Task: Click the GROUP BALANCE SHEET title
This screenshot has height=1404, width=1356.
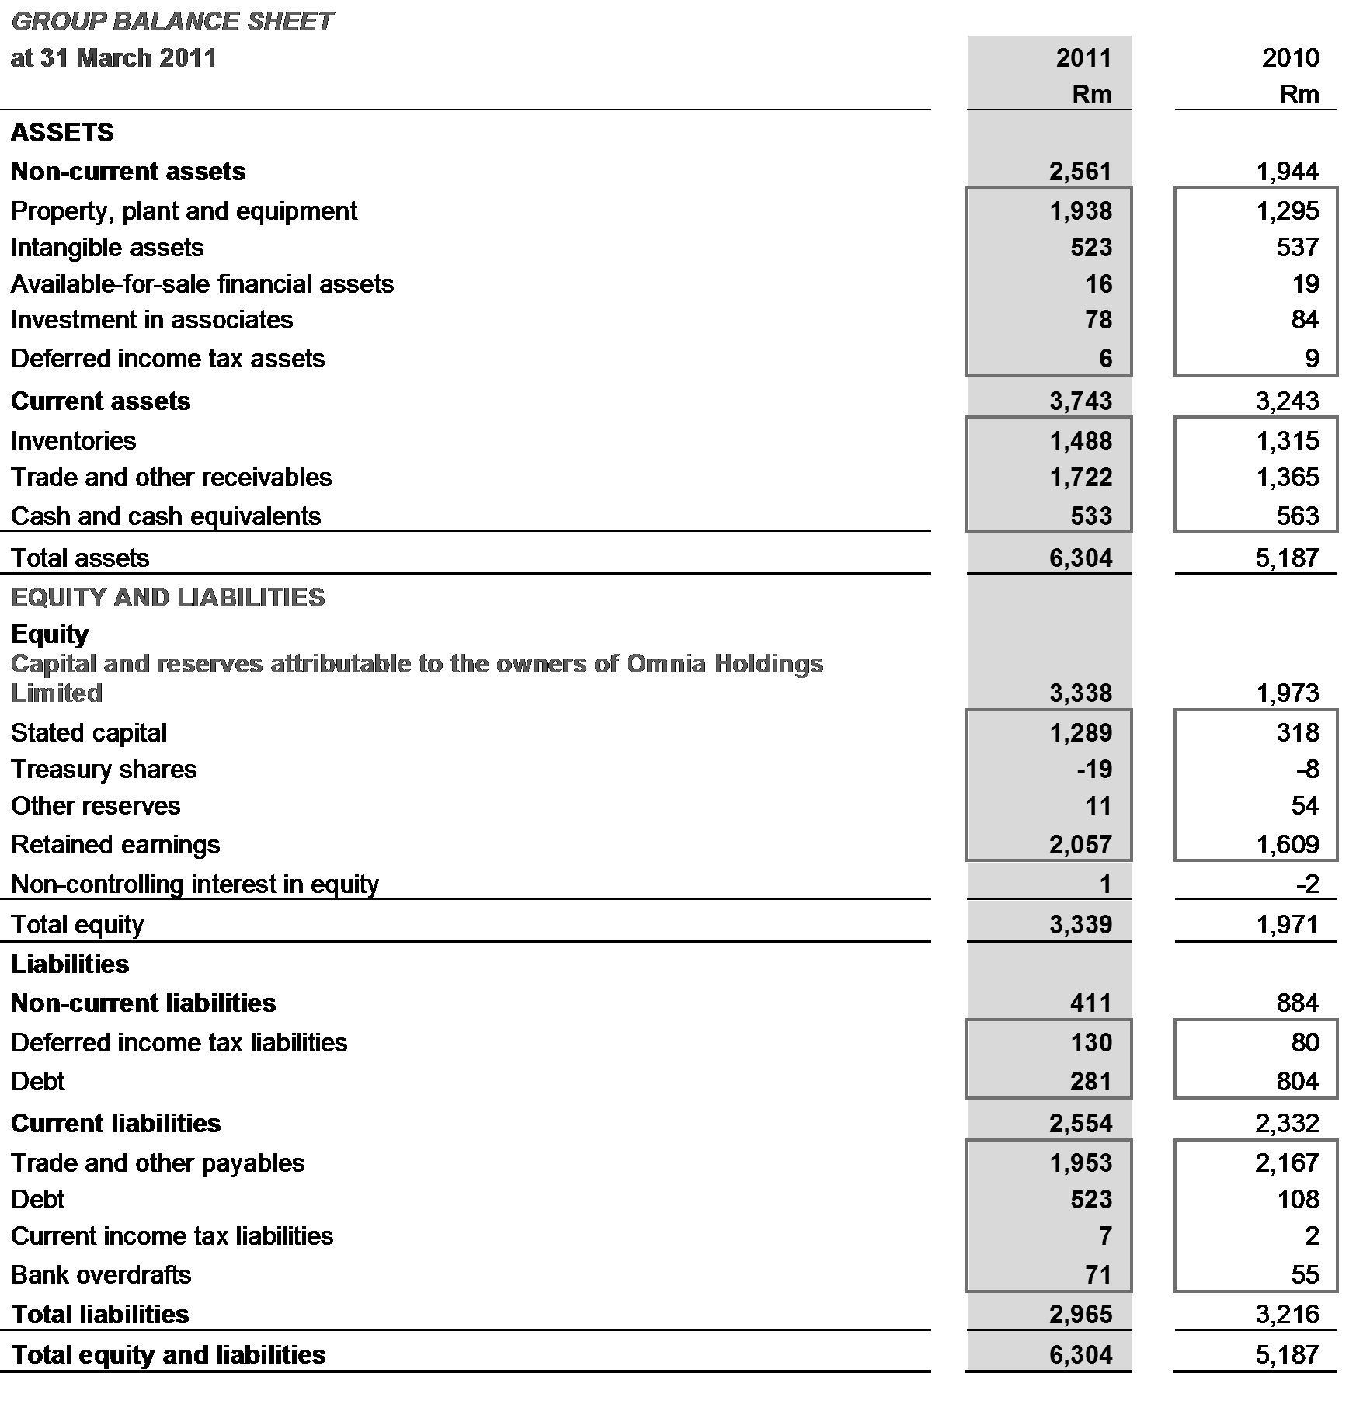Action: [172, 21]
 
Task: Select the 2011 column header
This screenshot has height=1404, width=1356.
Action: [1083, 58]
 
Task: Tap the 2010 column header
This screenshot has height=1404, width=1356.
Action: [1290, 58]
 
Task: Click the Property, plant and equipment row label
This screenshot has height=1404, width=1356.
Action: [184, 211]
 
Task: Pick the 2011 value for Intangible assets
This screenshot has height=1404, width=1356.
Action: [1091, 248]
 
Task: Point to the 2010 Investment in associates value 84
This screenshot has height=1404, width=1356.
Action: [1305, 320]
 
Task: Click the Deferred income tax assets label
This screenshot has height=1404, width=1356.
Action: [168, 359]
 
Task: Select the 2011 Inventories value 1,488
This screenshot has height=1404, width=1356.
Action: [1081, 441]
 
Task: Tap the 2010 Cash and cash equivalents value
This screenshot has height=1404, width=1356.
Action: [1297, 516]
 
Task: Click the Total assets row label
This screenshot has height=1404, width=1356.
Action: [80, 558]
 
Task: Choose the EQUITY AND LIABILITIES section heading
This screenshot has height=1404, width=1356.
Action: [168, 597]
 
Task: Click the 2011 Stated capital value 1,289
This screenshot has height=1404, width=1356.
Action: [1081, 733]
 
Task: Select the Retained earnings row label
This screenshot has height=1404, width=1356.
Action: [115, 845]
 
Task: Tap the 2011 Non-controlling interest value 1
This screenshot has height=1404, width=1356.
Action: [1105, 884]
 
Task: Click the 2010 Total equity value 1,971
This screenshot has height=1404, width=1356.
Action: [1287, 925]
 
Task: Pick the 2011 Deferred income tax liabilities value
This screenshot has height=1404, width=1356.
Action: [1091, 1043]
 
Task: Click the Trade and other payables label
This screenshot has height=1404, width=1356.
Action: [158, 1163]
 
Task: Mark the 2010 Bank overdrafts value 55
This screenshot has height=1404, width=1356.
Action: [1305, 1275]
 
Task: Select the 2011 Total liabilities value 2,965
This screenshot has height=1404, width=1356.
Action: [1081, 1315]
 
